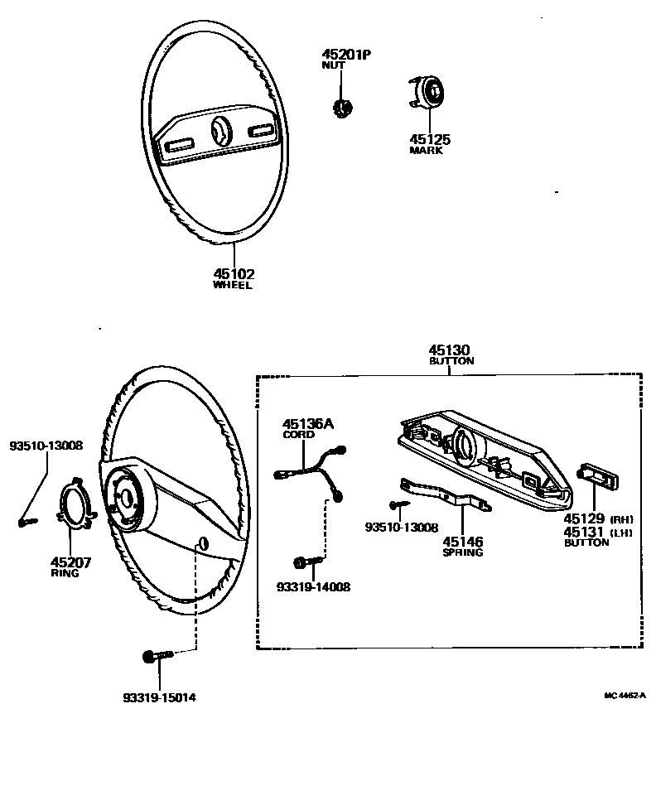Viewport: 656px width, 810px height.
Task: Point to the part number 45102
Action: coord(232,274)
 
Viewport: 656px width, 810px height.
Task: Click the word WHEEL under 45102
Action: coord(232,286)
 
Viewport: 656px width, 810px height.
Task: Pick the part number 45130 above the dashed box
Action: coord(451,351)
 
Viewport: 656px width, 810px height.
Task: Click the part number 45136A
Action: coord(308,424)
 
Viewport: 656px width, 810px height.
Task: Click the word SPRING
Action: coord(462,552)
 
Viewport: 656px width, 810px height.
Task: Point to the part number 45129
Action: coord(585,519)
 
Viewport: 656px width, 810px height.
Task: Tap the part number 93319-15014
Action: coord(160,697)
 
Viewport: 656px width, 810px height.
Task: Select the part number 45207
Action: coord(70,562)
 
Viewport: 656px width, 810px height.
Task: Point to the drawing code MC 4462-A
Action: coord(625,697)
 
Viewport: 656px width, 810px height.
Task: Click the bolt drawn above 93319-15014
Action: coord(157,656)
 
